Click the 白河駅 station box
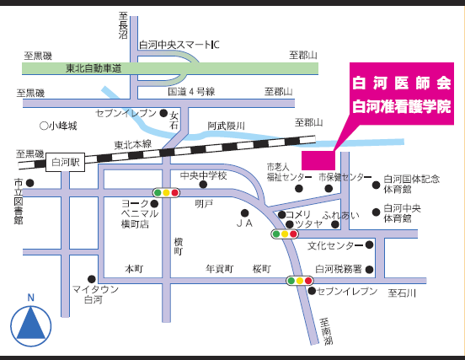click(65, 163)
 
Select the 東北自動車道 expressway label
click(94, 68)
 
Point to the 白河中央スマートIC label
click(179, 45)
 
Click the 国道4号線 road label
click(191, 91)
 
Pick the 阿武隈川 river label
click(226, 126)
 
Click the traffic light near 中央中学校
click(166, 193)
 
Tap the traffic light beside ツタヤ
click(285, 234)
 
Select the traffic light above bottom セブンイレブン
click(300, 281)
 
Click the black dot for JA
click(244, 213)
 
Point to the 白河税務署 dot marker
click(369, 270)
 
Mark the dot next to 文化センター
click(369, 244)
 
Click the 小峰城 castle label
click(58, 126)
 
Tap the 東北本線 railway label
click(133, 145)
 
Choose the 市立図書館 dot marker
click(30, 183)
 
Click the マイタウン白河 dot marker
click(92, 279)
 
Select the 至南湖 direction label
click(326, 331)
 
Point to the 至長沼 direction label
click(123, 25)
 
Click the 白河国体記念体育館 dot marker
click(376, 185)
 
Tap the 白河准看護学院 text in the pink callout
click(402, 106)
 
